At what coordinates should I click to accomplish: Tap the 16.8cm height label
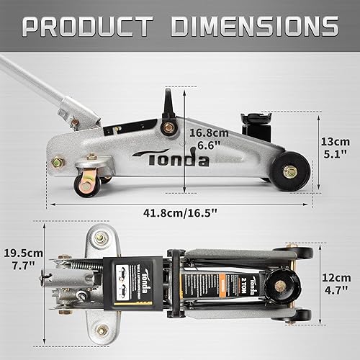click(x=209, y=132)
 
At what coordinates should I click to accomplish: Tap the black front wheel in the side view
click(x=291, y=171)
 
